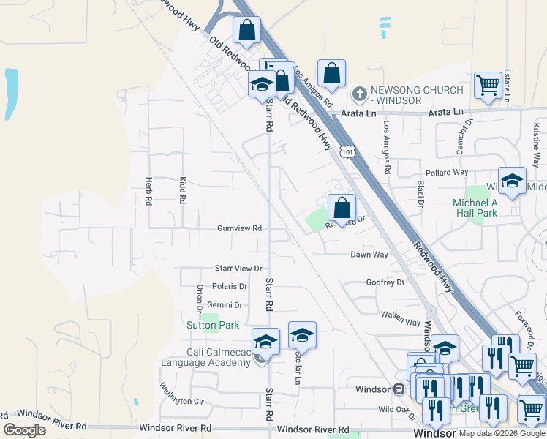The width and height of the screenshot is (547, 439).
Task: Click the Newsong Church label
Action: (x=417, y=94)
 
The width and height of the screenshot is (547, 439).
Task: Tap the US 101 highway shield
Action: (x=348, y=151)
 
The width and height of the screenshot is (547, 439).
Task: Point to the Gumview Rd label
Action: (x=239, y=228)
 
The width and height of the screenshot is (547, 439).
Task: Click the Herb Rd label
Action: (x=148, y=190)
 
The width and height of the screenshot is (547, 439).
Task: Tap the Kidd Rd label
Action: (x=181, y=190)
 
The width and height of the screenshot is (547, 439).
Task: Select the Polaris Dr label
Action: (x=230, y=286)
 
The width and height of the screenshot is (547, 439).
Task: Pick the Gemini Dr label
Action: (x=225, y=305)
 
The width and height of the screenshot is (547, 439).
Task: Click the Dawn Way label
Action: (x=369, y=255)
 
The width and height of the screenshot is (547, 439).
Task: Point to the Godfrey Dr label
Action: (x=385, y=282)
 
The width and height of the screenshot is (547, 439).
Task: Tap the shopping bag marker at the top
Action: (x=247, y=30)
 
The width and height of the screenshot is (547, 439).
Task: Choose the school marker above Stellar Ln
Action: (x=302, y=334)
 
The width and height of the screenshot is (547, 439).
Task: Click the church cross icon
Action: (x=359, y=94)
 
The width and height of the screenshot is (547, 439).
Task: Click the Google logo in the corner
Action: (x=25, y=430)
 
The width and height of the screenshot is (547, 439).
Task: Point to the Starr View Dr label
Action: (x=238, y=269)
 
